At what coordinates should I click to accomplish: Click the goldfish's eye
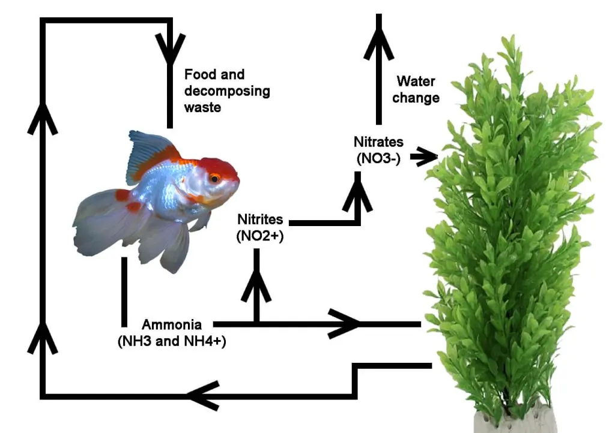pos(214,179)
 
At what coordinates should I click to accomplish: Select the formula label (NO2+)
pos(260,236)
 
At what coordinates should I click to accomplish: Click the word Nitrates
pos(378,142)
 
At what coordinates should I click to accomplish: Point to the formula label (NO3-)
pos(378,158)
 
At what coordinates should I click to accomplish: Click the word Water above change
pos(416,81)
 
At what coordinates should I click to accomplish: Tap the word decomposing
pos(227,91)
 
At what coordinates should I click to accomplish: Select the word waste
pos(203,107)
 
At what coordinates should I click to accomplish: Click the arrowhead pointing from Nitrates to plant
pos(426,157)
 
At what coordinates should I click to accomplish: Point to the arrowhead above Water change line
pos(378,43)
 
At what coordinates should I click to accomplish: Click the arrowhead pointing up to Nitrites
pos(256,284)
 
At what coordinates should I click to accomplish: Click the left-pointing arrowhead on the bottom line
pos(204,396)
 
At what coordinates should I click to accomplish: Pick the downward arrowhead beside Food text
pos(170,49)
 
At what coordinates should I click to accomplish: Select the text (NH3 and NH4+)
pos(172,341)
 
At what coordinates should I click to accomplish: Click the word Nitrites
pos(260,219)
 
